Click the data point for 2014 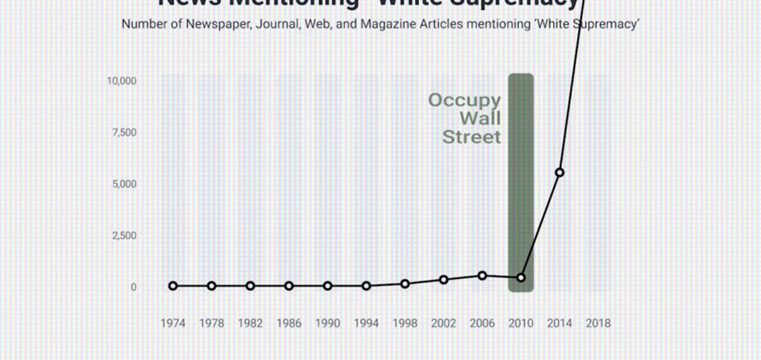point(559,172)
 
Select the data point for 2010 point(521,278)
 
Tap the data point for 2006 point(483,276)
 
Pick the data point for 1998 point(405,283)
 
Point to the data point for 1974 point(173,286)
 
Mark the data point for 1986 point(289,286)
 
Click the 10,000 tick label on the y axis point(123,81)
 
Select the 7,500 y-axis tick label point(125,132)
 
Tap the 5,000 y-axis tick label point(125,184)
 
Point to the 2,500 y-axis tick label point(125,236)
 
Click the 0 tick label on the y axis point(133,287)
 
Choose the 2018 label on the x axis point(598,323)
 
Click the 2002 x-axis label point(444,323)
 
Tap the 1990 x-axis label point(328,323)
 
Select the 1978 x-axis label point(212,323)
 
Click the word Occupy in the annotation point(464,100)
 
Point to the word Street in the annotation point(471,137)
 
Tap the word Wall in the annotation point(480,119)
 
